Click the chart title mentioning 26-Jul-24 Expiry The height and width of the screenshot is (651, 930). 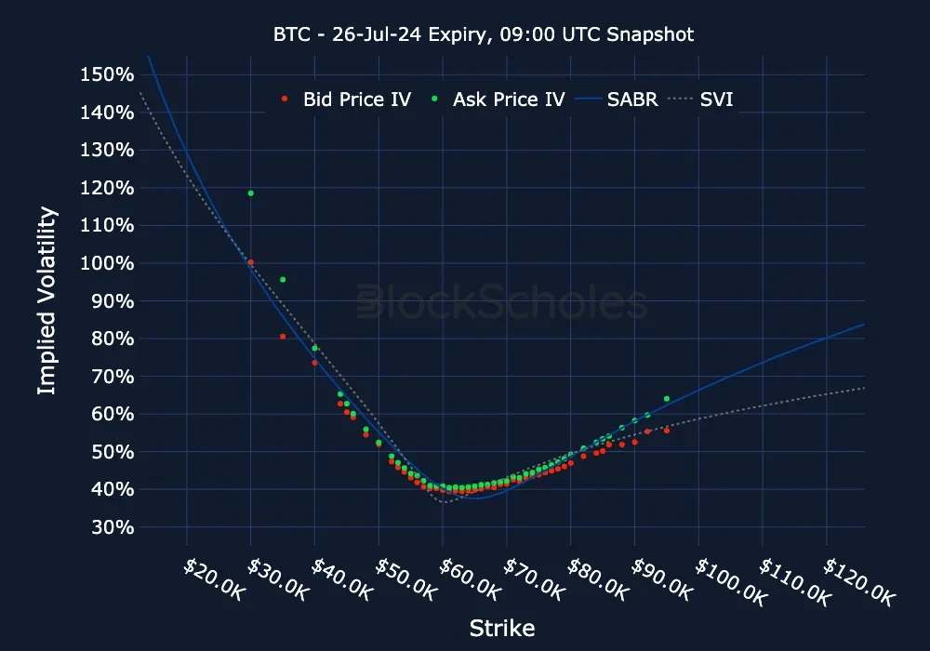tap(483, 34)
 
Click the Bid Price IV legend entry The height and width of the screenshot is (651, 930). tap(355, 100)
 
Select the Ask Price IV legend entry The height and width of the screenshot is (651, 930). tap(507, 100)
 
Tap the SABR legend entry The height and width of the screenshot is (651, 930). tap(631, 100)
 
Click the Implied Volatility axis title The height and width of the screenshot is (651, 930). tap(46, 300)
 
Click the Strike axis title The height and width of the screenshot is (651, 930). tap(502, 628)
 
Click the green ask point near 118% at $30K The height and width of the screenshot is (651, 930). tap(251, 193)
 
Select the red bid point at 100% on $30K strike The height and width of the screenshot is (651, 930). tap(251, 263)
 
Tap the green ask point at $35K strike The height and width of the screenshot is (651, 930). tap(283, 280)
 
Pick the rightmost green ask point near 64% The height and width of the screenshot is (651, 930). tap(667, 399)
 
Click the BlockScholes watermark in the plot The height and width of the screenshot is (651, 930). tap(502, 304)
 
